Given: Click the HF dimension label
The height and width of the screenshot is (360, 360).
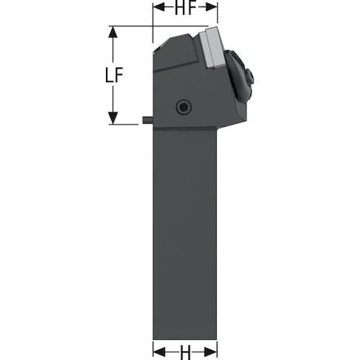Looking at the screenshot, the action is [x=185, y=8].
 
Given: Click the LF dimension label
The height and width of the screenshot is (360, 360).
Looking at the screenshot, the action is [x=114, y=75].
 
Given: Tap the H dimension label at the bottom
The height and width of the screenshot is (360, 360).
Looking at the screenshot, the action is [x=185, y=352].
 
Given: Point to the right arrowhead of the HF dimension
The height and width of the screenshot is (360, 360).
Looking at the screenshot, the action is [x=212, y=8].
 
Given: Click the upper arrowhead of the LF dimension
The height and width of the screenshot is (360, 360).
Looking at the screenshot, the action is [x=113, y=32].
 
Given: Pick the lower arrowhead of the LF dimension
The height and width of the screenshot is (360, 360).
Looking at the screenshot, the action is [x=113, y=118].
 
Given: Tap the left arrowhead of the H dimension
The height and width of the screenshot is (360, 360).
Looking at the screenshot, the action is [x=159, y=352].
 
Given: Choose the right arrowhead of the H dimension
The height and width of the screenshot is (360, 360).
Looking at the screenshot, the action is [x=211, y=352].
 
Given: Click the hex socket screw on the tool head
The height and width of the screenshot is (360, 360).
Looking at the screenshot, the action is [x=184, y=107].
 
